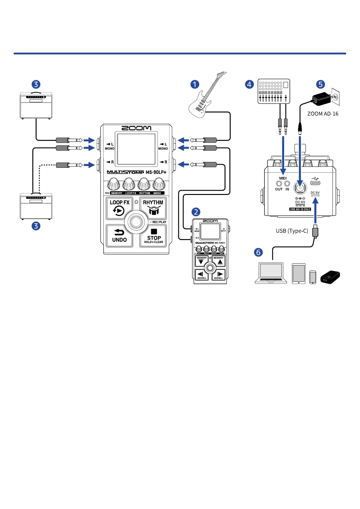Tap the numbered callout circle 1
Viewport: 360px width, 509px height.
(195, 84)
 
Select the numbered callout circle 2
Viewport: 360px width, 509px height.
(196, 212)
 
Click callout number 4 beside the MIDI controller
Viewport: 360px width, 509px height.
(249, 84)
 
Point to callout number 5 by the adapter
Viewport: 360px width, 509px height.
(320, 84)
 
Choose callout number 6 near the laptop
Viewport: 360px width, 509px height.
(258, 252)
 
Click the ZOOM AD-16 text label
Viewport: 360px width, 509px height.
(323, 114)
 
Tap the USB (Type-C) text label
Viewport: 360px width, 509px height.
(292, 231)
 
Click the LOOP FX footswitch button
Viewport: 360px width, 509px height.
(119, 208)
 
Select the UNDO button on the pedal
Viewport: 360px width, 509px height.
(119, 236)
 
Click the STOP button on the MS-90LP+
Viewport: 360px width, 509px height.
(154, 236)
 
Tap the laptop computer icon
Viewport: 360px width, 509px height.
(271, 273)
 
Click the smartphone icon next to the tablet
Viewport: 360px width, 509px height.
(313, 277)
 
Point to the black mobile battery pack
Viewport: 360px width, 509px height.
(330, 277)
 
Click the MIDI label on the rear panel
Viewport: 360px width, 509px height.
(283, 178)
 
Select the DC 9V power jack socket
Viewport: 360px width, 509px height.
(300, 187)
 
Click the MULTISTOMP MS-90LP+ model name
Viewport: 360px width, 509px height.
(137, 172)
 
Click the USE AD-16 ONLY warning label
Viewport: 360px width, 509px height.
(300, 209)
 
